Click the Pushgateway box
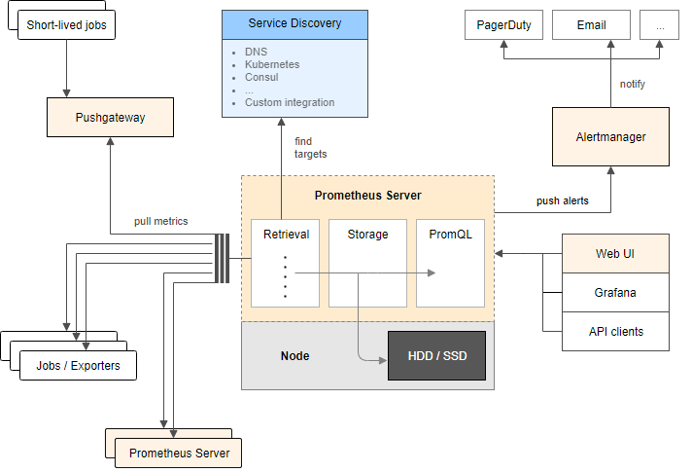tap(111, 117)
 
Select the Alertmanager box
tap(610, 136)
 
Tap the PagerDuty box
tap(503, 25)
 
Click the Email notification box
tap(591, 25)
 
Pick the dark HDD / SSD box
tap(437, 356)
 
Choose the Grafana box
tap(615, 293)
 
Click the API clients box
tap(615, 332)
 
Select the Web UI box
tap(615, 254)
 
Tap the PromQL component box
tap(451, 263)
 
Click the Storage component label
tap(367, 235)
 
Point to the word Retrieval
tap(286, 235)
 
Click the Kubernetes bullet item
tap(272, 64)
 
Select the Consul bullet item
tap(261, 77)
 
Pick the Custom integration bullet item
tap(290, 102)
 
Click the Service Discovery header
tap(294, 25)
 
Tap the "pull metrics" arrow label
tap(161, 221)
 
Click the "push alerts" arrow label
tap(562, 200)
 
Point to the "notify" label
tap(633, 84)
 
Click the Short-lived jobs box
tap(66, 25)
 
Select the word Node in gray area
tap(294, 356)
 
